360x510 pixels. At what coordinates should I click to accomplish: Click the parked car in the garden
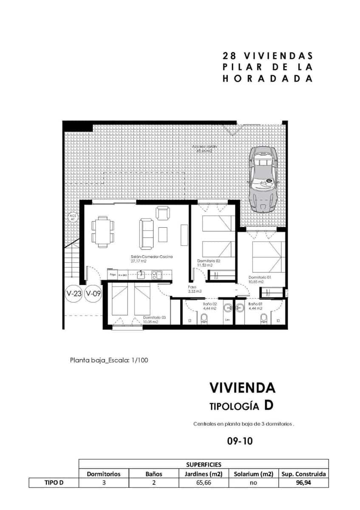[x=264, y=179]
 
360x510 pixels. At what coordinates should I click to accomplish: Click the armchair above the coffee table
[x=163, y=212]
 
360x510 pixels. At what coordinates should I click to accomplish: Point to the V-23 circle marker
[x=74, y=293]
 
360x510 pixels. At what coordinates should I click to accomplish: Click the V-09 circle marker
[x=93, y=293]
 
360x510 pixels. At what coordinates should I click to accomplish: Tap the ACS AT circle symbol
[x=72, y=218]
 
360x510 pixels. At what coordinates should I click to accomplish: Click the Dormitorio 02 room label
[x=208, y=261]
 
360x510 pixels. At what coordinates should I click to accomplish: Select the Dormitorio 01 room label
[x=259, y=277]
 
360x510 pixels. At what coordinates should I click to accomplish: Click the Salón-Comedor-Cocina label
[x=146, y=257]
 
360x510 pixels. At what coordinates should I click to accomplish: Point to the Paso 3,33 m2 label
[x=195, y=289]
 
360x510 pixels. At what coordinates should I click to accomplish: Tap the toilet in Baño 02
[x=204, y=318]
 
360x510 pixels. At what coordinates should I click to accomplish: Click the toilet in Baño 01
[x=264, y=318]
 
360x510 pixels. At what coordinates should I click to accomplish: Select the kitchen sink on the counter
[x=142, y=275]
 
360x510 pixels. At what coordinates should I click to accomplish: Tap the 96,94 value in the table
[x=303, y=482]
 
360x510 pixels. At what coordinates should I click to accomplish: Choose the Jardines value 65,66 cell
[x=203, y=482]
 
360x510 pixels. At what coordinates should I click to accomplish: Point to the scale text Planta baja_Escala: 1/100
[x=109, y=360]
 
